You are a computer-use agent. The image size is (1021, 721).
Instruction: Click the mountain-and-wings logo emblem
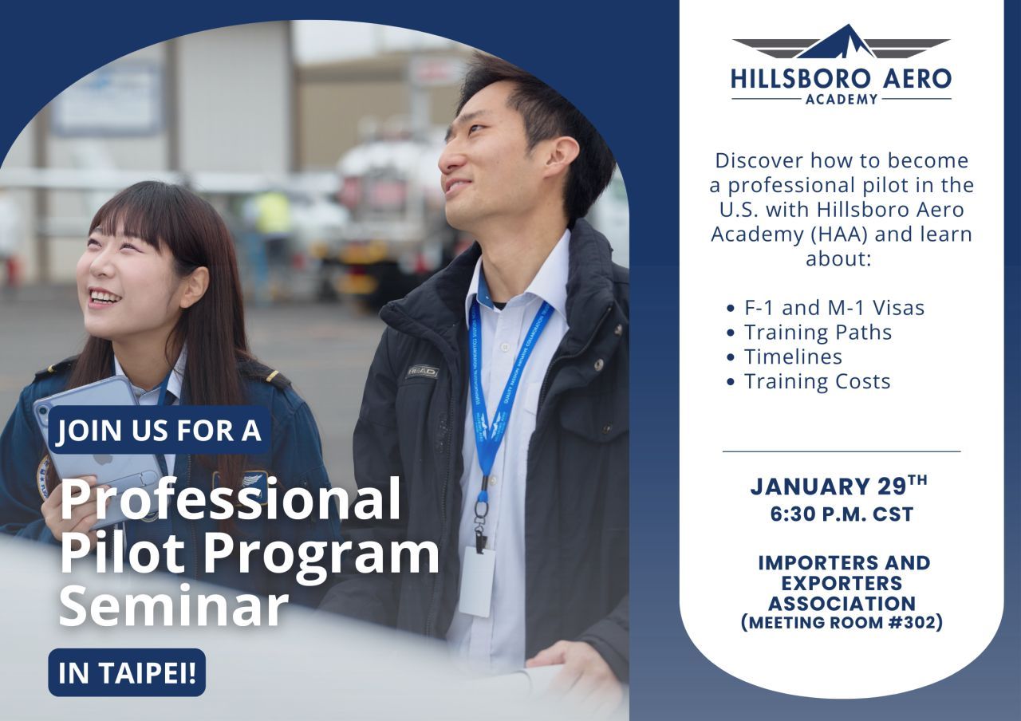(x=841, y=42)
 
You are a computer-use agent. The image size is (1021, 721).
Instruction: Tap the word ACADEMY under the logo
(x=842, y=100)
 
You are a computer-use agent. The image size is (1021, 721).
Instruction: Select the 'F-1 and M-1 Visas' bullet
(x=826, y=308)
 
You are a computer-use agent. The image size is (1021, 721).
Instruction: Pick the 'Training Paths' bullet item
(x=809, y=333)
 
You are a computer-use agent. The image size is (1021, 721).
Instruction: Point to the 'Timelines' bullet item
(x=784, y=357)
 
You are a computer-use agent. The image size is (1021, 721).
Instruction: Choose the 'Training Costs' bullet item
(x=809, y=381)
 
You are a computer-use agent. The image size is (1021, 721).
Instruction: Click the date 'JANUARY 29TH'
(x=839, y=486)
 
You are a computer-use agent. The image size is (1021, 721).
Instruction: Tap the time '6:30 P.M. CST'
(x=842, y=514)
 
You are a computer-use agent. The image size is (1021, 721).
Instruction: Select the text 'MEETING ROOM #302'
(x=842, y=623)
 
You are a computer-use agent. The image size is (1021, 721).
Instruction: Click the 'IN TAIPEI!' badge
(x=127, y=673)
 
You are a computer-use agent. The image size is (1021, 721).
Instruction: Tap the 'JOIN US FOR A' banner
(x=159, y=429)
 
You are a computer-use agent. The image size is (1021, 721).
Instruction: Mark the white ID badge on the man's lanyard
(x=477, y=581)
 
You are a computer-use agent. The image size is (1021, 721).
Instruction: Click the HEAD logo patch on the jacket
(x=423, y=372)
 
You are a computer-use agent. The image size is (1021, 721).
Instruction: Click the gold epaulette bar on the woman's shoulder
(x=273, y=376)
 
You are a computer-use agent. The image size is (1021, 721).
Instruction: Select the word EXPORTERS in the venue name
(x=842, y=583)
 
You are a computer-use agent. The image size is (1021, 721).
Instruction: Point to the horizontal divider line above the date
(x=842, y=451)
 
